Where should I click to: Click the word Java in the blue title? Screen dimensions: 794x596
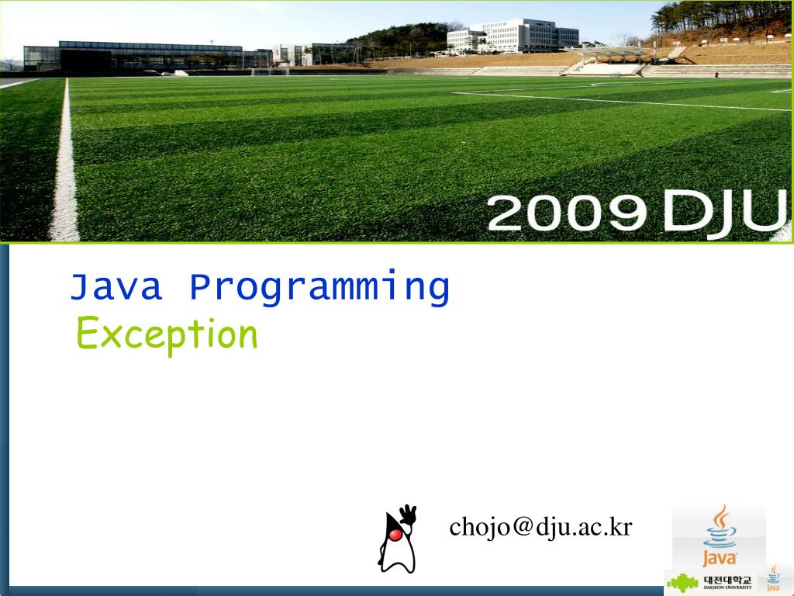[x=116, y=287]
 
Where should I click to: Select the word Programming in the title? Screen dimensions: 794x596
[x=319, y=288]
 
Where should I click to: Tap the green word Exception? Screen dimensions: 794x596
[x=167, y=334]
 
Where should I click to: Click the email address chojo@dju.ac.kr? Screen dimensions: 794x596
[x=540, y=527]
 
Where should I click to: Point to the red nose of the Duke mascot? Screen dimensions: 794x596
[x=395, y=535]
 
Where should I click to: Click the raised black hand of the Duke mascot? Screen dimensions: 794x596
[x=408, y=515]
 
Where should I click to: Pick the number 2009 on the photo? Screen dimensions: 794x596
[x=567, y=213]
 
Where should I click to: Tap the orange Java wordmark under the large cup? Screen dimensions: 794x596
[x=720, y=559]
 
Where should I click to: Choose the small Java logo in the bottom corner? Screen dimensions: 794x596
[x=773, y=579]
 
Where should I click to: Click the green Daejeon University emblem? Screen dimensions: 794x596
[x=682, y=583]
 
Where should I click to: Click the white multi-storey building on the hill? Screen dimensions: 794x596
[x=513, y=36]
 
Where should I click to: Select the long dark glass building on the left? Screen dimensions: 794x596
[x=147, y=56]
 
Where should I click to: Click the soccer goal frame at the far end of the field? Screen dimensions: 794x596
[x=270, y=71]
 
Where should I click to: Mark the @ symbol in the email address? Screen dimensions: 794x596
[x=523, y=527]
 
